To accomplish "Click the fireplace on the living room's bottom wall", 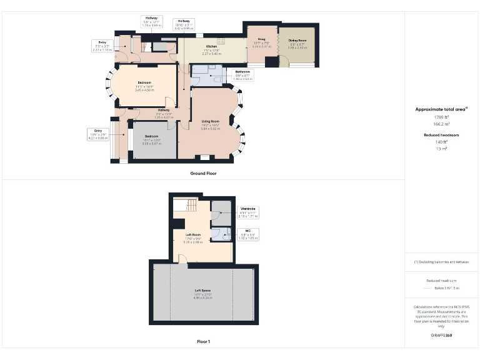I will tap(204, 157).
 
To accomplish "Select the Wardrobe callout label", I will tap(249, 209).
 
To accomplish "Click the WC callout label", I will tap(248, 231).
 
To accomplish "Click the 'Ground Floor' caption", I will tap(203, 172).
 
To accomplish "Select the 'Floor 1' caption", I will tap(203, 342).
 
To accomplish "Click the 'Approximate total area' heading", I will tap(441, 109).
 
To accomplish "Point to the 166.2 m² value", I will tap(442, 124).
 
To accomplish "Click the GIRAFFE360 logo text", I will tap(442, 336).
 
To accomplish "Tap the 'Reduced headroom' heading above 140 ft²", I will tap(442, 135).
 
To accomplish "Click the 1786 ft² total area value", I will tap(442, 117).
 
